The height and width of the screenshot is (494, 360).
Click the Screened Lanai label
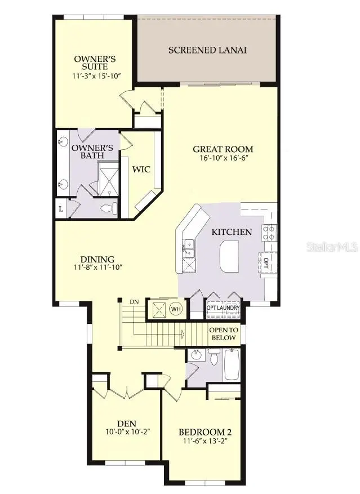pos(207,50)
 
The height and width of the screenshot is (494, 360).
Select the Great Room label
pos(223,149)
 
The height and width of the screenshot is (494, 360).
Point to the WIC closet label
pos(140,169)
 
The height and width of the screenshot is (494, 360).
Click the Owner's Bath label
pos(92,152)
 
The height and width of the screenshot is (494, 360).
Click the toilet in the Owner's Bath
pos(109,209)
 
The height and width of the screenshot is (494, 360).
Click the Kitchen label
pos(232,232)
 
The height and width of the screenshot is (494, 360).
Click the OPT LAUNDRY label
pos(223,308)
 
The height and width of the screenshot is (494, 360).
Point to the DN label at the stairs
pos(134,302)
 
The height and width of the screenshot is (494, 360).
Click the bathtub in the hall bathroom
pos(232,365)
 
